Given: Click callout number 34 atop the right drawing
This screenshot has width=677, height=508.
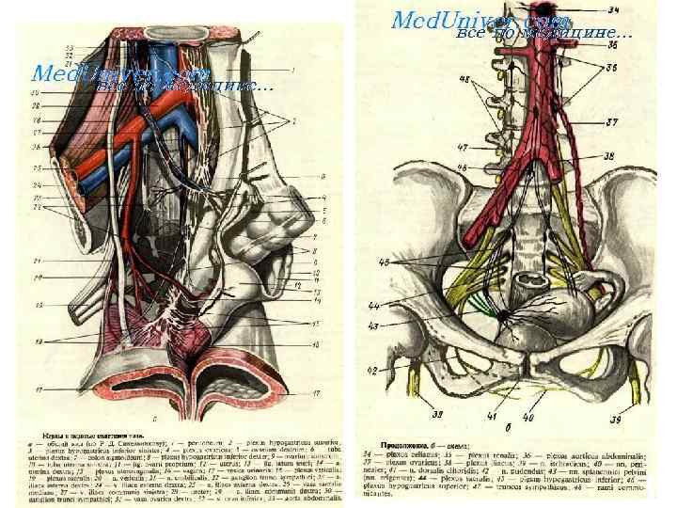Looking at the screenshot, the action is (614, 9).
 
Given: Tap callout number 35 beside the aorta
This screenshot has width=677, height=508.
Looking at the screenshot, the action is (613, 42).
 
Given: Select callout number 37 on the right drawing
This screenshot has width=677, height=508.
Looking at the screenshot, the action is (612, 122).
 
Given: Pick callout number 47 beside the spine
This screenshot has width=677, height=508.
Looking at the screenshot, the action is (462, 148).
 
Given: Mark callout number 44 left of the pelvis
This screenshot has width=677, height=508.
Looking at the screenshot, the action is (401, 307).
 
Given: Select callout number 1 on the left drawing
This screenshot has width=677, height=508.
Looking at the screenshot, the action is (293, 71).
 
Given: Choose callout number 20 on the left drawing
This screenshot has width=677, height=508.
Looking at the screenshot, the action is (37, 278).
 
